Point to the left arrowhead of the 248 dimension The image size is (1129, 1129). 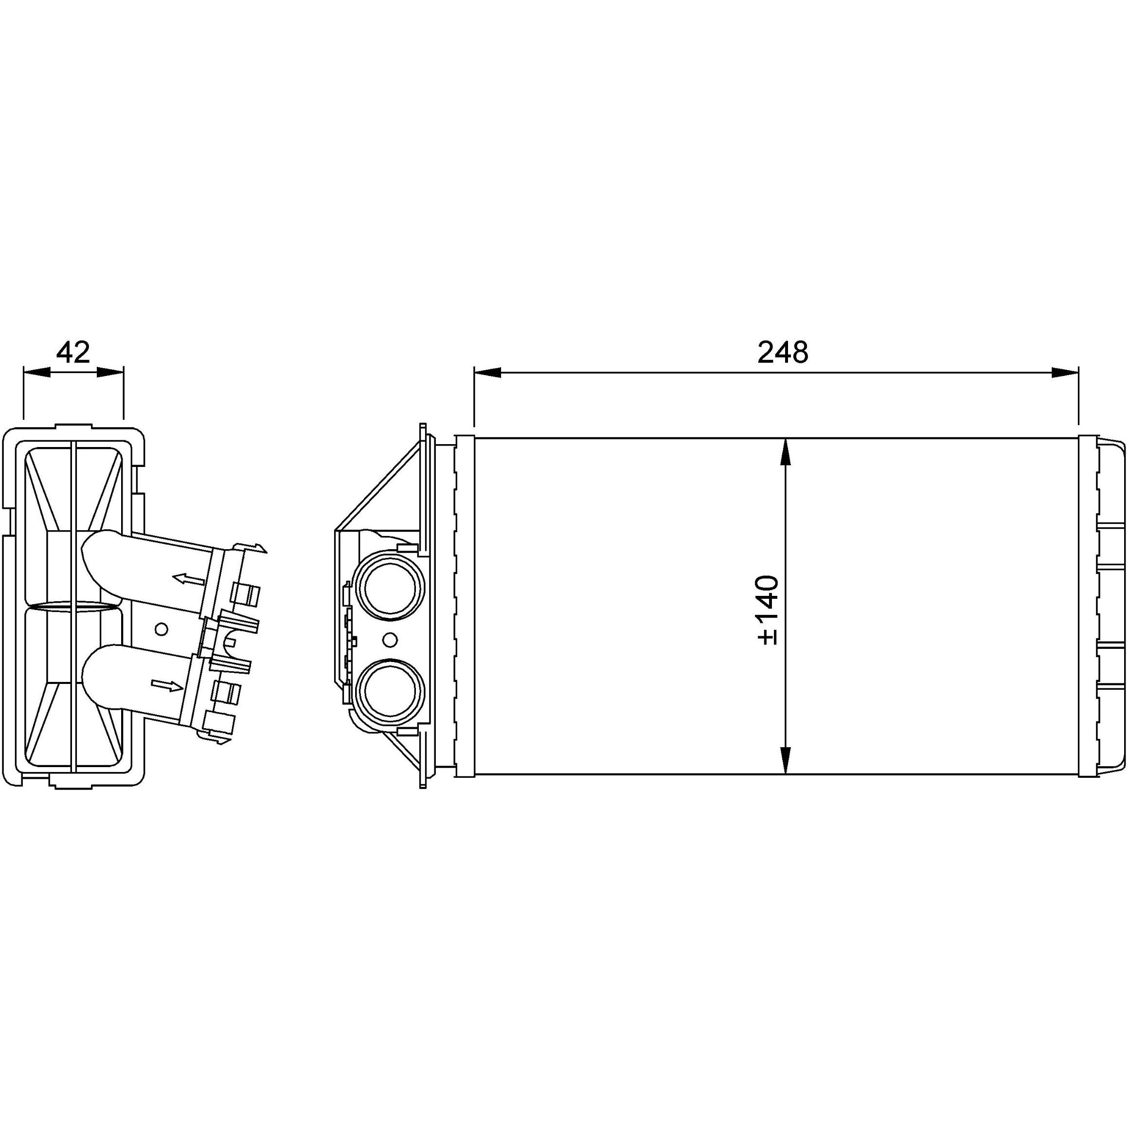487,373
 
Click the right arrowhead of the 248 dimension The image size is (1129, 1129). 1065,373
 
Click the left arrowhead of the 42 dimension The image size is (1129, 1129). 36,373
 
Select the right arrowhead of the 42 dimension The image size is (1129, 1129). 110,373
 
